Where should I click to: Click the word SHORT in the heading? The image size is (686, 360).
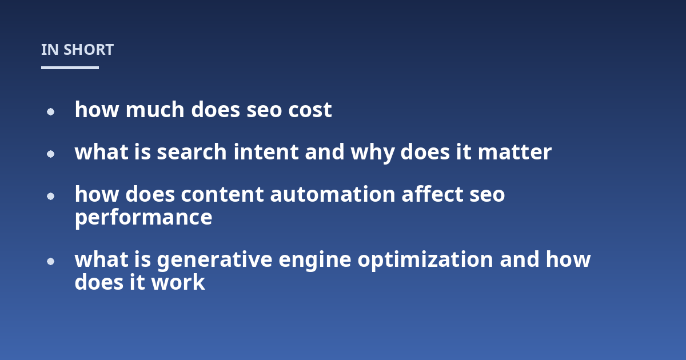pyautogui.click(x=89, y=50)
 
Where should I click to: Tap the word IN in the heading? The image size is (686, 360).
pyautogui.click(x=50, y=50)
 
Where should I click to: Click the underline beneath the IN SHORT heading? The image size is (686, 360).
pyautogui.click(x=70, y=67)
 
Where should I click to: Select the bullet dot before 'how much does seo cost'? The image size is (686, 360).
pyautogui.click(x=50, y=112)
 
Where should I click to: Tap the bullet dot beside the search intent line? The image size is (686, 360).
pyautogui.click(x=50, y=154)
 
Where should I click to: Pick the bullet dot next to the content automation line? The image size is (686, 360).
pyautogui.click(x=50, y=196)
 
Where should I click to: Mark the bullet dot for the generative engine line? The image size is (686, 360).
pyautogui.click(x=50, y=262)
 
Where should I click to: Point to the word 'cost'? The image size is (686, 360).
pyautogui.click(x=310, y=110)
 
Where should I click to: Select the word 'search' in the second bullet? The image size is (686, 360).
pyautogui.click(x=192, y=151)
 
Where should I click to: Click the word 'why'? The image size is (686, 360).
pyautogui.click(x=372, y=153)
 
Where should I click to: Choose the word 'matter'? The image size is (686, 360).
pyautogui.click(x=515, y=152)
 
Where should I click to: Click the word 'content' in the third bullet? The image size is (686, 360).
pyautogui.click(x=222, y=194)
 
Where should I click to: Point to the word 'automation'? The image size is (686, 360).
pyautogui.click(x=333, y=194)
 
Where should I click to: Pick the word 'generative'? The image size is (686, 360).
pyautogui.click(x=215, y=260)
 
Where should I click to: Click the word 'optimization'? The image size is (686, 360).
pyautogui.click(x=425, y=260)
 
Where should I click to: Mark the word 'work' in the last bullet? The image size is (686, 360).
pyautogui.click(x=178, y=282)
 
